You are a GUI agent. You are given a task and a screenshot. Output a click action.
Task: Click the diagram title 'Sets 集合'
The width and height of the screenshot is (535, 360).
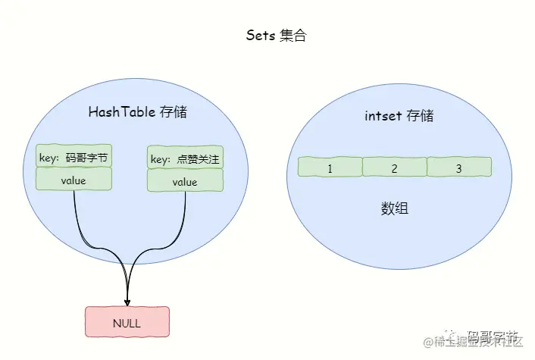(x=276, y=36)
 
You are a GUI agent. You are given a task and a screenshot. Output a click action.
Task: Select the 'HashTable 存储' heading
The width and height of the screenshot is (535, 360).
(x=137, y=112)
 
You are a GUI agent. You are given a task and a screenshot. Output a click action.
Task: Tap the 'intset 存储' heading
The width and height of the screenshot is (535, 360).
(x=399, y=116)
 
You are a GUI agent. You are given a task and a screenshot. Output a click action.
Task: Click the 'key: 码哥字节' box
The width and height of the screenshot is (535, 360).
(x=74, y=158)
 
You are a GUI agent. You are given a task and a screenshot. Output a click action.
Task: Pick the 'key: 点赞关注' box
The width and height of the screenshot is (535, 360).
(x=185, y=158)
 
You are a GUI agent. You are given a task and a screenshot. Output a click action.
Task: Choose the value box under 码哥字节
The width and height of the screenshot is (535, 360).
(x=74, y=180)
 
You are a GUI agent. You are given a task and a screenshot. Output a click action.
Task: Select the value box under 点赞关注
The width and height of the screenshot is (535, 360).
(x=185, y=182)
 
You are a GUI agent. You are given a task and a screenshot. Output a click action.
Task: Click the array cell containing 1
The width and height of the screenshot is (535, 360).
(x=330, y=168)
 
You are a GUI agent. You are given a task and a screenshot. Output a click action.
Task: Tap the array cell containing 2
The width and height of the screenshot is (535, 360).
(x=394, y=168)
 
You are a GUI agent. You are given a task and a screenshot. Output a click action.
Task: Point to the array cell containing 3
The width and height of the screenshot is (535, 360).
(x=458, y=168)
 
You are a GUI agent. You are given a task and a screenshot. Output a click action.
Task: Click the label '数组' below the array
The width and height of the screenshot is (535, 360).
(x=394, y=208)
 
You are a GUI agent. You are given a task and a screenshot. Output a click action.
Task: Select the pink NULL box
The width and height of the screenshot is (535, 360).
(x=127, y=323)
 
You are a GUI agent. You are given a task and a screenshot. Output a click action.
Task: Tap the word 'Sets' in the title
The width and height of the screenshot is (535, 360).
(x=261, y=36)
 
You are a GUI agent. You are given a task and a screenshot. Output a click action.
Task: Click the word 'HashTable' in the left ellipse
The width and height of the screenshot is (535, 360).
(x=122, y=112)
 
